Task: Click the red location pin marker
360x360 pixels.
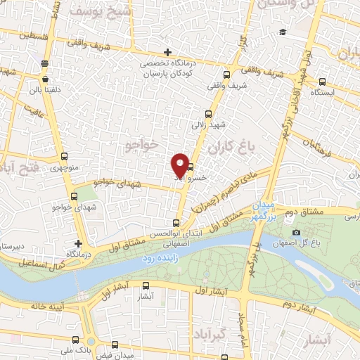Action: click(180, 164)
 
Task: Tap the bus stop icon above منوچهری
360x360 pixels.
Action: click(65, 157)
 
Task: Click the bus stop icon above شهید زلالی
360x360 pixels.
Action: click(207, 114)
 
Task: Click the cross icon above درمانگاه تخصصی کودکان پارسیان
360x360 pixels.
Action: click(167, 52)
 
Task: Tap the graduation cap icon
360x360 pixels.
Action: click(282, 32)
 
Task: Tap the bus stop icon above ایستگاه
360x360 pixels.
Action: click(323, 82)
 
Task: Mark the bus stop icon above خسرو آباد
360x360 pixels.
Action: click(191, 167)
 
